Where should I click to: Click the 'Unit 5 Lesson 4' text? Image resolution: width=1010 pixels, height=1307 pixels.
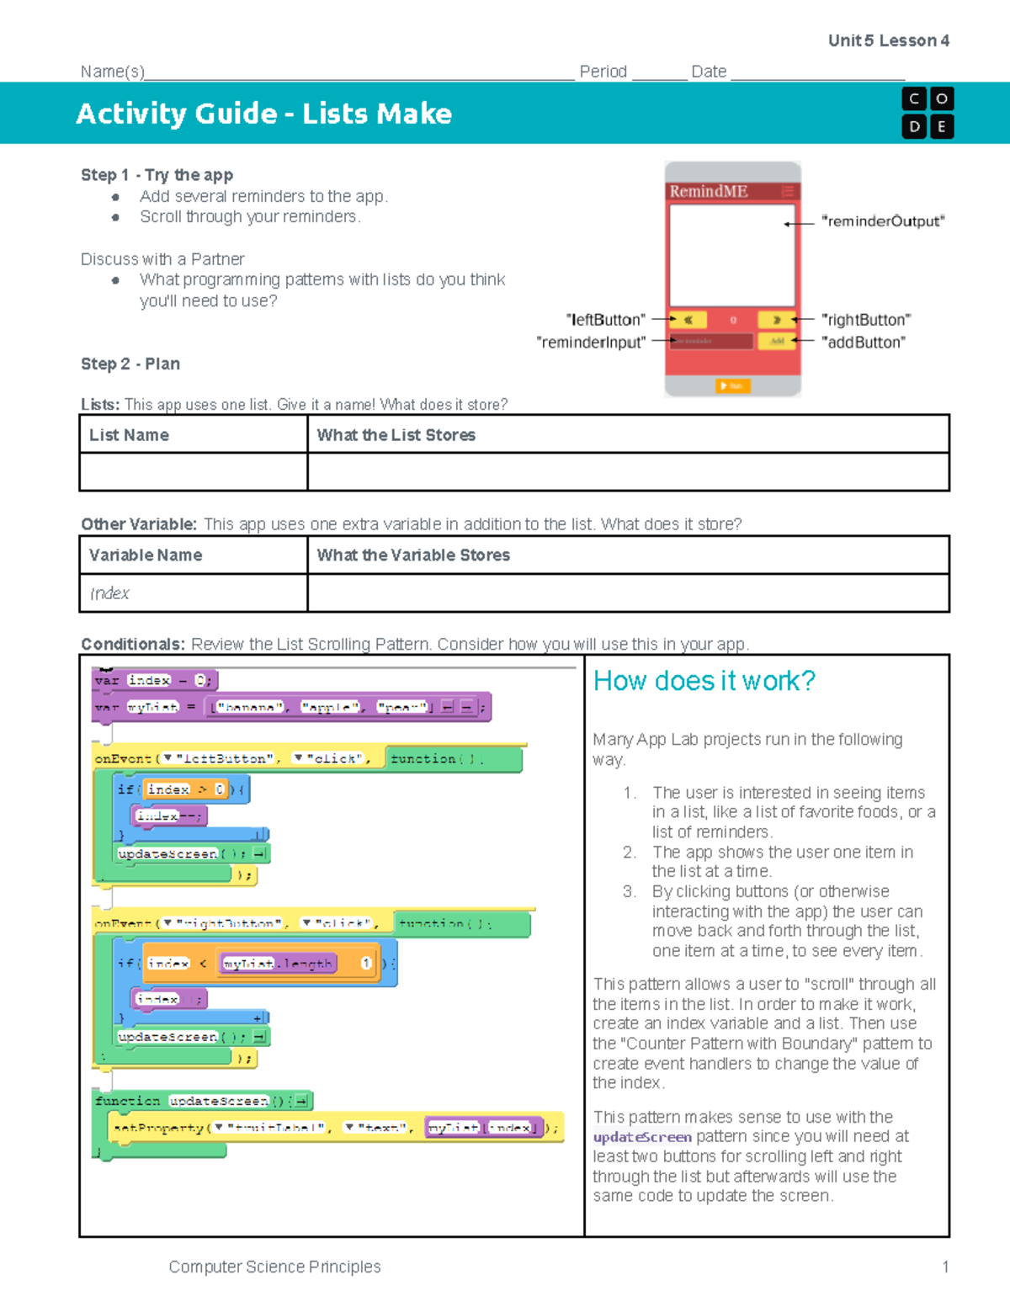(888, 40)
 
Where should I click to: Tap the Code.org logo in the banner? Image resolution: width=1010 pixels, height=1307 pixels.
(927, 113)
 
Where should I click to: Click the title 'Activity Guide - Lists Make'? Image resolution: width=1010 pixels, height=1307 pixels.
(263, 114)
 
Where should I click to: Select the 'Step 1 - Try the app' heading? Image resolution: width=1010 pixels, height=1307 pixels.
(157, 175)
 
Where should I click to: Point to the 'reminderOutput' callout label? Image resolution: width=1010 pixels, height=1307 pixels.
(882, 221)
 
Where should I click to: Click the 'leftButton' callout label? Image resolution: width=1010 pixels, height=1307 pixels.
(605, 320)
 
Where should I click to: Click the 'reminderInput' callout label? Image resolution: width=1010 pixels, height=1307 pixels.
(591, 343)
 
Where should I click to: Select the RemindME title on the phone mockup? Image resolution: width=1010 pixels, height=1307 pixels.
(708, 191)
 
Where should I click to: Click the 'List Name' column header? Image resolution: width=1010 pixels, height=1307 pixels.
(129, 435)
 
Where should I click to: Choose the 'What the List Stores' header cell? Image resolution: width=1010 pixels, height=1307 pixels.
(396, 435)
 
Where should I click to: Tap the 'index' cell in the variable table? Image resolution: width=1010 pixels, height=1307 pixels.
(109, 593)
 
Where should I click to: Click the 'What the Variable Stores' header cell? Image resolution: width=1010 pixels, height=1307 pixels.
(413, 555)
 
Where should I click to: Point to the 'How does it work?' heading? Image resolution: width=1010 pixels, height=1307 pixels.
(704, 681)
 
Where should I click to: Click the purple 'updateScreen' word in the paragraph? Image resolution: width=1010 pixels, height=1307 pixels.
(642, 1137)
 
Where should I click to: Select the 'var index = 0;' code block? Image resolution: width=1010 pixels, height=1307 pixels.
(155, 680)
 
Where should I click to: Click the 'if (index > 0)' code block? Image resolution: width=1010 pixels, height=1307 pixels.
(181, 789)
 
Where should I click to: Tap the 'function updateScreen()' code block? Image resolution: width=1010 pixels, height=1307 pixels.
(202, 1101)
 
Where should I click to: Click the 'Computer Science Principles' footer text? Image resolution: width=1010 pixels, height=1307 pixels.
(274, 1267)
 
